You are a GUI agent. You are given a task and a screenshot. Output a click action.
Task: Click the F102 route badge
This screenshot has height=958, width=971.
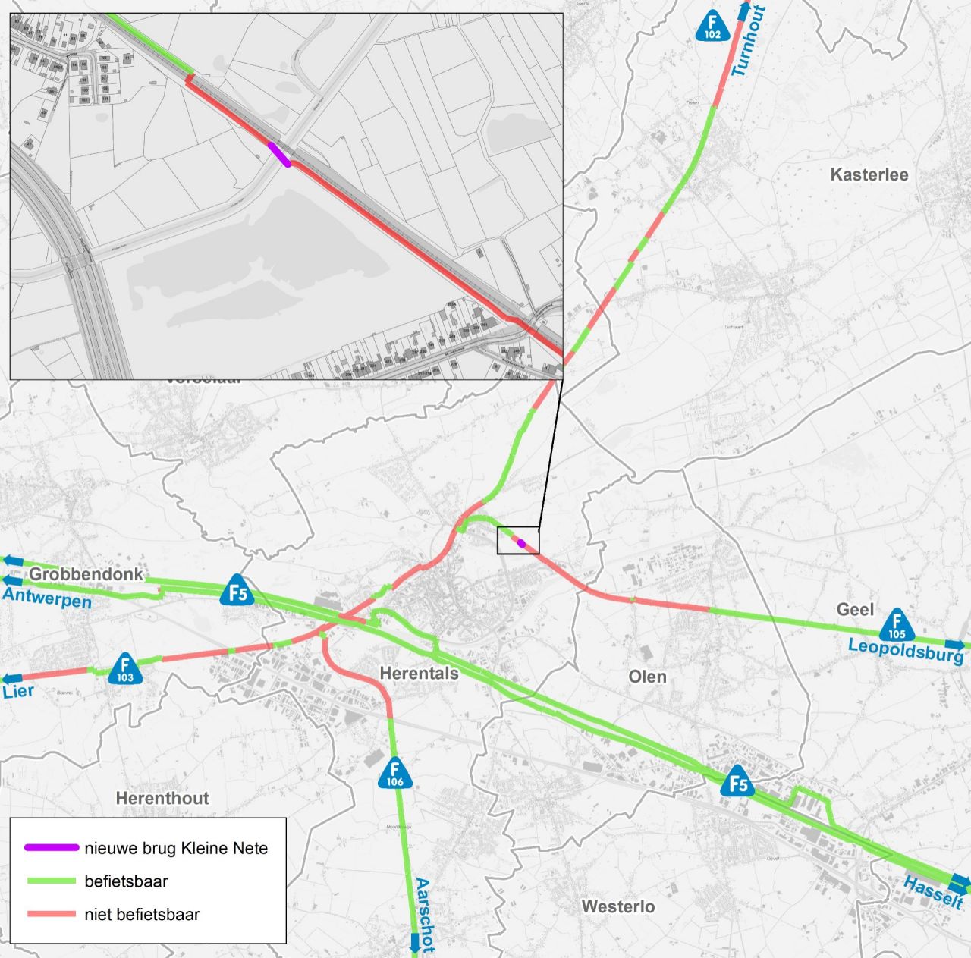pos(712,28)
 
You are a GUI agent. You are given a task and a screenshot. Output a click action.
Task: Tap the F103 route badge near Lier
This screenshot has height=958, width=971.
pos(125,669)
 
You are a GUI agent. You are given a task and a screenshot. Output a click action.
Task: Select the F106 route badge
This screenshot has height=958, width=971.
pos(394,773)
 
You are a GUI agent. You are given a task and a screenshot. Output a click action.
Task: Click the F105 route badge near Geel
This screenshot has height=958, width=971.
pos(897,625)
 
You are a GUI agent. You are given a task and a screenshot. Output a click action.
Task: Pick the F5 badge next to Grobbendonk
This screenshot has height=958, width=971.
pos(238,590)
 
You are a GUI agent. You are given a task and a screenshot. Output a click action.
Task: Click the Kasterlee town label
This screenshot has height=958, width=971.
pos(869,174)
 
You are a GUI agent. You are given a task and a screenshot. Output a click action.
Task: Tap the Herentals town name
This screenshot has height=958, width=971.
pos(419,673)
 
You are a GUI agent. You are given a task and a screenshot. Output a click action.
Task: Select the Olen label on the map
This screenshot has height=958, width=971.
pos(647,676)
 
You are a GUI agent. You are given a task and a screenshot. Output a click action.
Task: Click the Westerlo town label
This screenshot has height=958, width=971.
pos(618,906)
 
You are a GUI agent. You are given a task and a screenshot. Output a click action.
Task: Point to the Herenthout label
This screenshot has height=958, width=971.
pos(162,798)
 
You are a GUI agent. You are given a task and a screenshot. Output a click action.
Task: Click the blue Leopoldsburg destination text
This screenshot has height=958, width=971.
pos(905,650)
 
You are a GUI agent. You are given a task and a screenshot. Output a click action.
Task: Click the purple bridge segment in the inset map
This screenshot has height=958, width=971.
pos(278,153)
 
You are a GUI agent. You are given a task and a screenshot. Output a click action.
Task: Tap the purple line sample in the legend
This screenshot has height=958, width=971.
pos(52,847)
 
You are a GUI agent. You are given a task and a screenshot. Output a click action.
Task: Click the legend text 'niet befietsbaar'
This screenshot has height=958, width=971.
pos(142,914)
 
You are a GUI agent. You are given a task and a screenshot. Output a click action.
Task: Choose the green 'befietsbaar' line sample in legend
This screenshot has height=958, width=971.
pos(52,881)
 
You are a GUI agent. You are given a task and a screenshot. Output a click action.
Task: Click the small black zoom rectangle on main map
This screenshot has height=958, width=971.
pos(518,540)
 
